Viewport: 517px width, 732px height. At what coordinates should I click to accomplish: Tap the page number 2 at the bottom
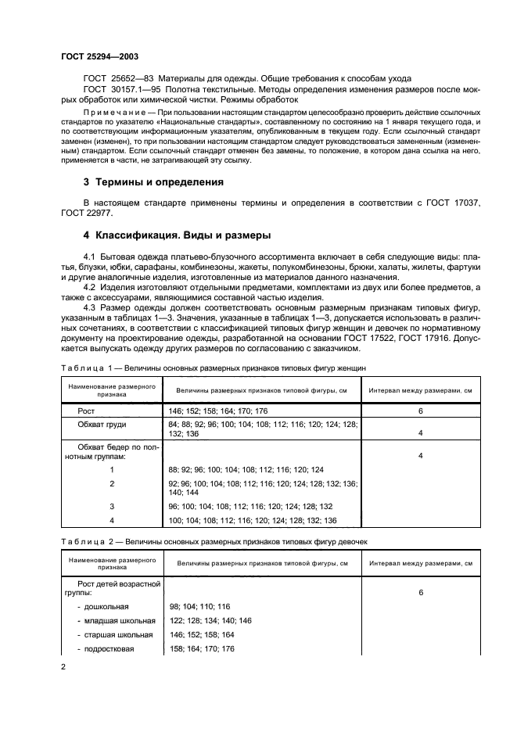tap(63, 666)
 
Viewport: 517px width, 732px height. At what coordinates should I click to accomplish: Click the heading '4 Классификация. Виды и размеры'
tap(177, 235)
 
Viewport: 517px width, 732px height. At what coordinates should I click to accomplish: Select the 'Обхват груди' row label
tap(102, 424)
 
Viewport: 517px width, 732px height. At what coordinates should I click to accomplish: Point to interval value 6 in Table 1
tap(420, 410)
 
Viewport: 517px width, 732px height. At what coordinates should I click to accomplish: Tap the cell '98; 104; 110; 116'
tap(199, 606)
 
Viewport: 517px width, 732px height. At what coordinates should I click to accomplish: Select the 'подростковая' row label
tap(110, 648)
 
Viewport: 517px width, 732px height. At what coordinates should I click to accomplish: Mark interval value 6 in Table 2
tap(420, 592)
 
